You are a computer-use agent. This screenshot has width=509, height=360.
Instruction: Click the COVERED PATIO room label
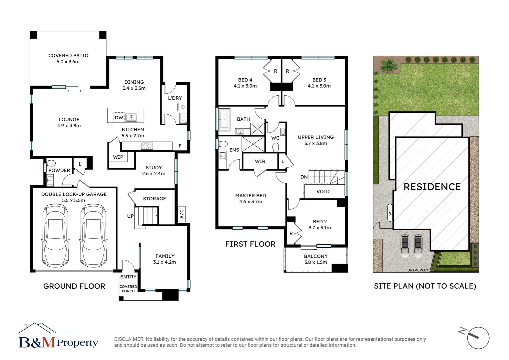68,56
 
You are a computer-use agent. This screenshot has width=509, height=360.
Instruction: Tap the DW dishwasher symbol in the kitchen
119,117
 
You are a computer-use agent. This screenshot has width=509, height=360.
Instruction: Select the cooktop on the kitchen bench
147,146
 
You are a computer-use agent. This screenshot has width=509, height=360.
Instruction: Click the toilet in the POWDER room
51,163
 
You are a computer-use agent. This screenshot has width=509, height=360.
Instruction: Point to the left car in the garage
55,235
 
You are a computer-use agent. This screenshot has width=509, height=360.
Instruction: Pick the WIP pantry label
118,157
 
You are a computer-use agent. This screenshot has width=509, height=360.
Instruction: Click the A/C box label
182,214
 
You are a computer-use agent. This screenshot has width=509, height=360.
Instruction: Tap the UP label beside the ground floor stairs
130,216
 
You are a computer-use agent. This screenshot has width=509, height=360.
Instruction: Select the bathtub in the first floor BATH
224,119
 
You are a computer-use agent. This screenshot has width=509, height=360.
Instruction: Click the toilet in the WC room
275,147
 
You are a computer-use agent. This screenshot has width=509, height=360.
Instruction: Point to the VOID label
323,192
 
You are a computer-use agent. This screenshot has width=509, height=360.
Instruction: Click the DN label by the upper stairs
304,177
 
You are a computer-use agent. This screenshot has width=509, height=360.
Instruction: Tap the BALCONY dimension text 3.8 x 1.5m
315,262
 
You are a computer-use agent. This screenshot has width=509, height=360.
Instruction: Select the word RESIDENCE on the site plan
432,187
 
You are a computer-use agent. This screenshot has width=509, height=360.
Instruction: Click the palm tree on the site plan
388,66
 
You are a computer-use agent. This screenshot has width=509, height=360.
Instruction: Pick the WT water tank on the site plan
390,212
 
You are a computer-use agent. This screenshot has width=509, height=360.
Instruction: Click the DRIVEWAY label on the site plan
418,270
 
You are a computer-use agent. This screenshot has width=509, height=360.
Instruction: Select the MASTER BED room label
251,196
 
